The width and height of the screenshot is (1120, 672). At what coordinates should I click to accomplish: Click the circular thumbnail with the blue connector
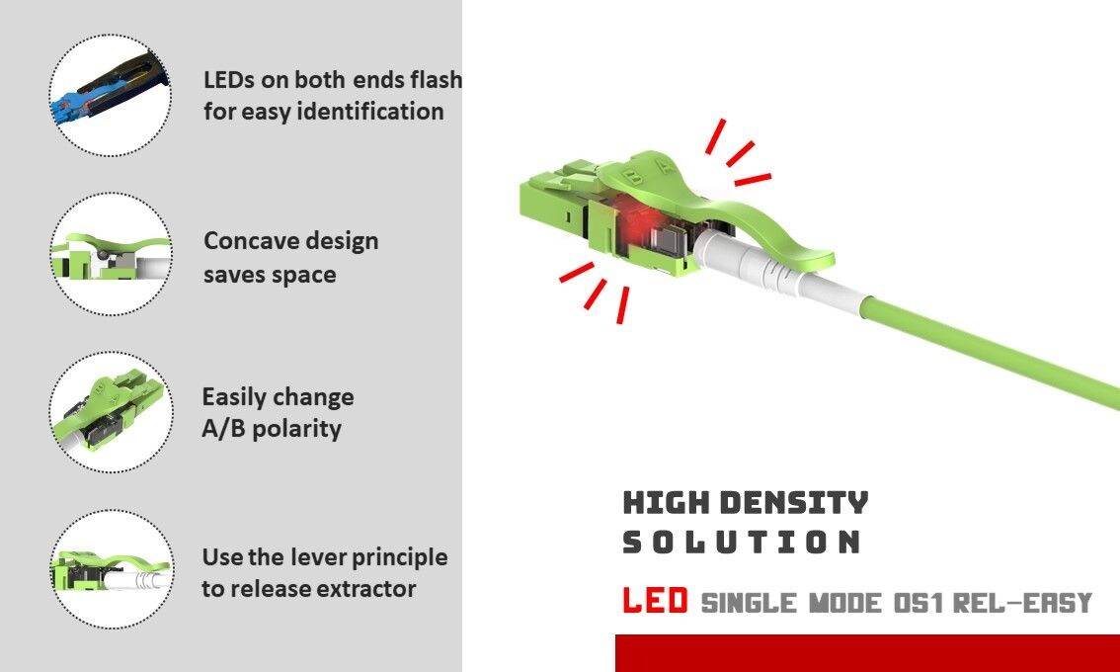coord(110,95)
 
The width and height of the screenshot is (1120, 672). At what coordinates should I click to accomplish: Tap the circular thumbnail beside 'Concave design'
coord(110,254)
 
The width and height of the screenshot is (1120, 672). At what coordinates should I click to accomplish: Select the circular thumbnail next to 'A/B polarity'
coord(110,412)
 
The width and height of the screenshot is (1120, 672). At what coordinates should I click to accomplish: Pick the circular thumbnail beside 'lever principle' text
coord(110,569)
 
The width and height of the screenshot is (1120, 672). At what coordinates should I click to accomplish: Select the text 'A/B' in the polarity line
coord(222,429)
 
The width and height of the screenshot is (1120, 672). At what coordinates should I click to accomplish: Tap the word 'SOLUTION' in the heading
coord(743,542)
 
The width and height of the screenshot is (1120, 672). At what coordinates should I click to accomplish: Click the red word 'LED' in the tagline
coord(655,601)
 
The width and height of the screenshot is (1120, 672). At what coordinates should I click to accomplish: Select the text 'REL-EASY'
coord(1022,602)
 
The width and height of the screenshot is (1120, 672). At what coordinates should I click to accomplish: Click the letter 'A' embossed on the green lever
coord(668,168)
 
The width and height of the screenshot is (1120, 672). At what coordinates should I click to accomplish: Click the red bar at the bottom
coord(866,653)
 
